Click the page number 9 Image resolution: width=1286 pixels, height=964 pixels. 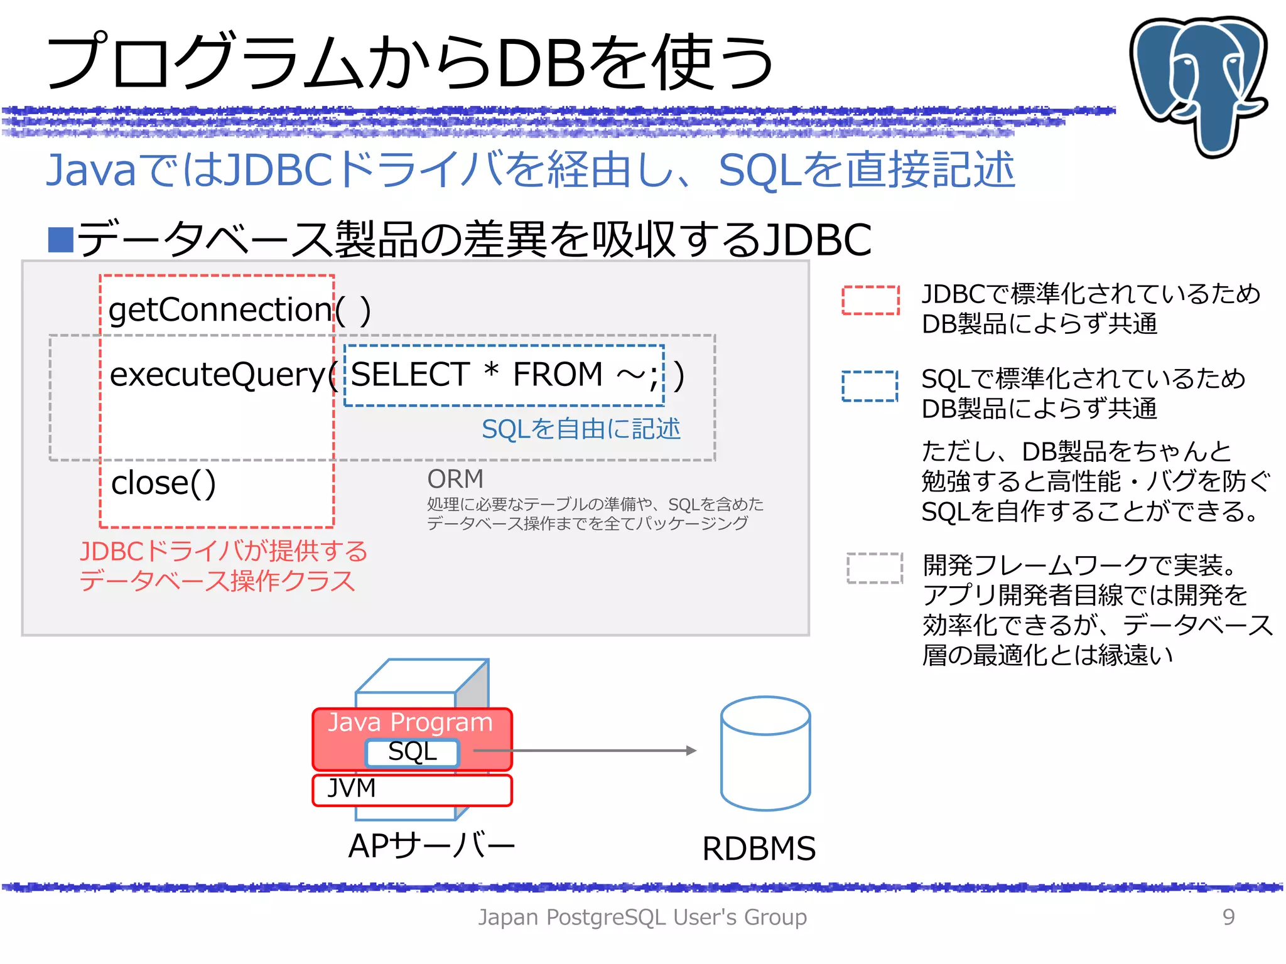click(1228, 917)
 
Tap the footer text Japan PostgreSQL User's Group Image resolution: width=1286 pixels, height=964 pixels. click(642, 917)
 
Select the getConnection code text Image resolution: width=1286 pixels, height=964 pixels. click(220, 309)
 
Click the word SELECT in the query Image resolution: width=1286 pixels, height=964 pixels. click(410, 374)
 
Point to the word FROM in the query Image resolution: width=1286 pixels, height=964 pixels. click(558, 374)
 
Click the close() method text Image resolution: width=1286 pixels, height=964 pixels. click(163, 483)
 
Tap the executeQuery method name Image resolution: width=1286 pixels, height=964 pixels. click(217, 375)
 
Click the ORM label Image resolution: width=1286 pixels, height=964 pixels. click(455, 479)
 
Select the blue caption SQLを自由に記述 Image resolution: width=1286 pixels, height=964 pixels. click(581, 429)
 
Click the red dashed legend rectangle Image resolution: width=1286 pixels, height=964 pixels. click(870, 300)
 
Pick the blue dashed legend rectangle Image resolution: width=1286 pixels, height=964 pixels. click(870, 385)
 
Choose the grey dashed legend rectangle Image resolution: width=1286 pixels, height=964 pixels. click(874, 568)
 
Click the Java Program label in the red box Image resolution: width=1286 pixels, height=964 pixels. click(410, 722)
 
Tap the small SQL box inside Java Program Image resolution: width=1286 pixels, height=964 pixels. click(413, 752)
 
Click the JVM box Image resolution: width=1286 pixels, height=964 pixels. click(412, 790)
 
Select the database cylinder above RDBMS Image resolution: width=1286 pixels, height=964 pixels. click(765, 753)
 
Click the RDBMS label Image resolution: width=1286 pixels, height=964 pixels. click(759, 849)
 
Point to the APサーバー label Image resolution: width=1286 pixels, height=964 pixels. click(431, 845)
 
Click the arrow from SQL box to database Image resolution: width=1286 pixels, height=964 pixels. click(584, 751)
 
